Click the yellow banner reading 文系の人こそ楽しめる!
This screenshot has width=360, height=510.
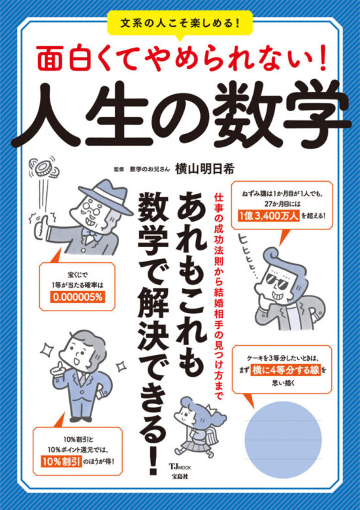[x=180, y=24]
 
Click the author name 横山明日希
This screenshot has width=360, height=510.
[x=205, y=169]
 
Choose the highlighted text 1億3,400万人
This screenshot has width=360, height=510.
[x=269, y=215]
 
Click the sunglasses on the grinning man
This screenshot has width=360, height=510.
[x=278, y=277]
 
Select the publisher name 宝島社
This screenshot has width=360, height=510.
[x=178, y=477]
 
